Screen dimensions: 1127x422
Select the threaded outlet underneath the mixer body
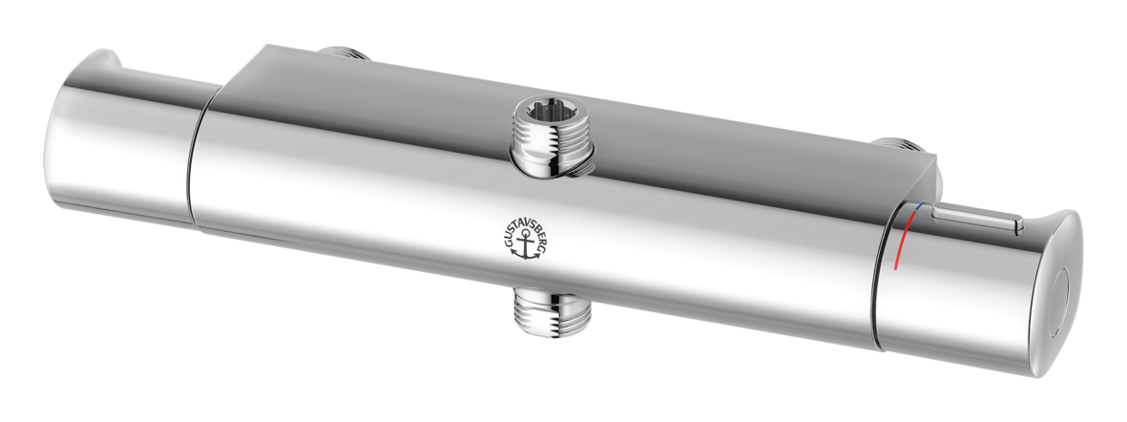(552, 311)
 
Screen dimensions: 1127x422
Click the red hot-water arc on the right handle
(905, 240)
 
